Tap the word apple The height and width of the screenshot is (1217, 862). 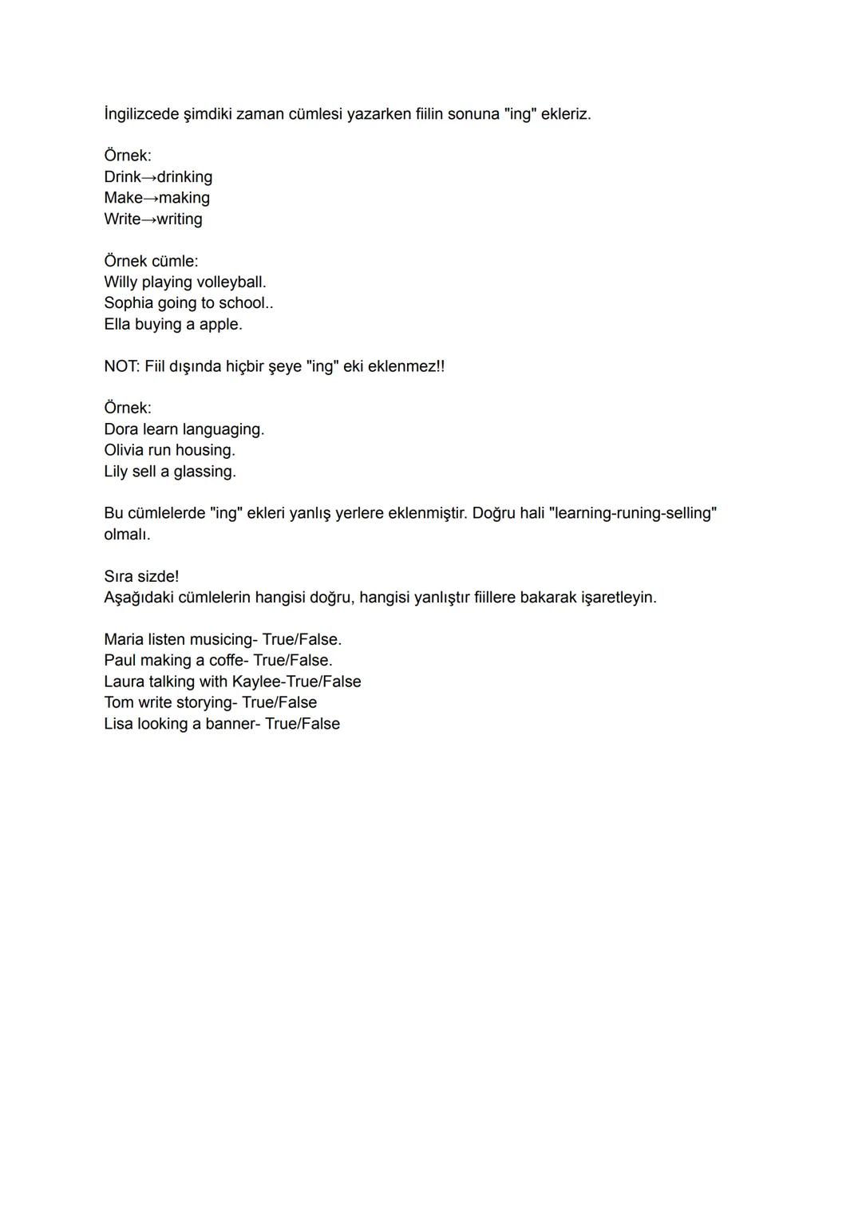(220, 325)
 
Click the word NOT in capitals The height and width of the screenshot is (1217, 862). (121, 366)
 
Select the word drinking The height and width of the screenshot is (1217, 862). (184, 177)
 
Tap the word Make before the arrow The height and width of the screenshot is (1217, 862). (123, 198)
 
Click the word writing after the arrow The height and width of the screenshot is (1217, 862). (180, 219)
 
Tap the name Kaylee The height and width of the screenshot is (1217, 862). (257, 682)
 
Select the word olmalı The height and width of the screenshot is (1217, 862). (127, 535)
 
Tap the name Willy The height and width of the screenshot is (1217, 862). (120, 283)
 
